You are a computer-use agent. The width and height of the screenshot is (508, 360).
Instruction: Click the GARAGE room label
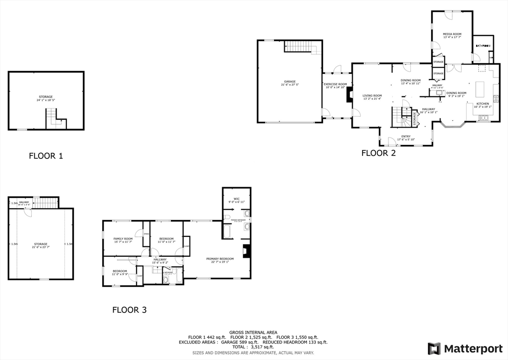[x=290, y=81]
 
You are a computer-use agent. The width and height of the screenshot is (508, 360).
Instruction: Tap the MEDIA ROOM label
[x=452, y=34]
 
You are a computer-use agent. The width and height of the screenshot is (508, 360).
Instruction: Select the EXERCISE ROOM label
[x=335, y=84]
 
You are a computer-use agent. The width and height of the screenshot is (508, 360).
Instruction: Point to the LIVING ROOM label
[x=372, y=96]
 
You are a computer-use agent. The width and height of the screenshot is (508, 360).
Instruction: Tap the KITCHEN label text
[x=483, y=104]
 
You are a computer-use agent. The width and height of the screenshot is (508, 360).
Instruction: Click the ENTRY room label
[x=406, y=137]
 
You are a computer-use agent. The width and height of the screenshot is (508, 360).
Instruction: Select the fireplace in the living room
[x=349, y=95]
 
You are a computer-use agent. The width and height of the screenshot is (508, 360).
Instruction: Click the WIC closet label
[x=237, y=199]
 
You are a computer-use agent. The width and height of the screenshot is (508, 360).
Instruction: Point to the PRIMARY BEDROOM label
[x=220, y=259]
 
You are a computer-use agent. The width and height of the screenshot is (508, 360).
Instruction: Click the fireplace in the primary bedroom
[x=246, y=252]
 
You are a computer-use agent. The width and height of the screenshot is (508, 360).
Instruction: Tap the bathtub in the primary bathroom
[x=227, y=232]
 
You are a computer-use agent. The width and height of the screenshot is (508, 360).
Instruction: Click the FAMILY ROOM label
[x=123, y=239]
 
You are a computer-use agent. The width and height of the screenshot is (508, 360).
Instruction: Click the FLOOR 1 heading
[x=46, y=156]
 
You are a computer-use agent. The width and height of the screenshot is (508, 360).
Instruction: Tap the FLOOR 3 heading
[x=129, y=310]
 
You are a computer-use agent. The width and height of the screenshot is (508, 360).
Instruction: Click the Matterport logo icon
[x=434, y=348]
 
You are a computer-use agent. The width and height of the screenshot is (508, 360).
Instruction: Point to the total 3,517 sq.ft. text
[x=253, y=347]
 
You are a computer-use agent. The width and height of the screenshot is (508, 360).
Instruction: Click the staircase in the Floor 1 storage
[x=55, y=119]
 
